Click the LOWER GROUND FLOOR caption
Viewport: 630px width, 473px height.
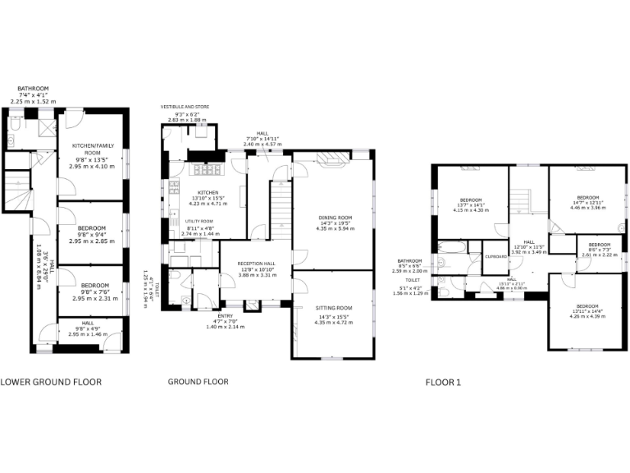tap(50, 382)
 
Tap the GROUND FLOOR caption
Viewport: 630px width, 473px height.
tap(198, 382)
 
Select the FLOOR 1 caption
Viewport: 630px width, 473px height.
tap(443, 383)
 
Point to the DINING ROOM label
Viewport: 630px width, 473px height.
tap(333, 218)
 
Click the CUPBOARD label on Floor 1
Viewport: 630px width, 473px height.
tap(496, 255)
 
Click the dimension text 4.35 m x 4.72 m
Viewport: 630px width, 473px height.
tap(333, 323)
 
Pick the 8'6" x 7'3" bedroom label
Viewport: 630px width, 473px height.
tap(599, 245)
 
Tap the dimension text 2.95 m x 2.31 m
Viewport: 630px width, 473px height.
tap(92, 299)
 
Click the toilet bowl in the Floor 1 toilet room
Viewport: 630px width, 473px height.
tap(444, 292)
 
